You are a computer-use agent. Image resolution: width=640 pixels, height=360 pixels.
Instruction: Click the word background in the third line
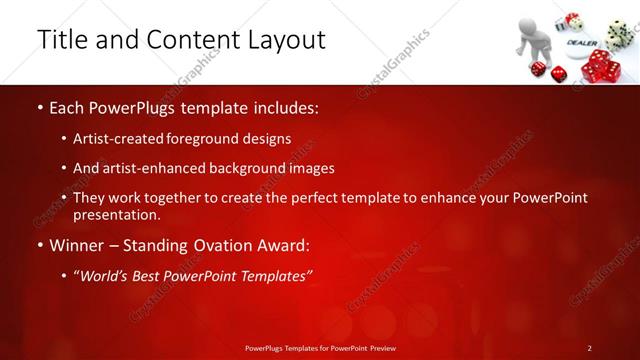pyautogui.click(x=240, y=168)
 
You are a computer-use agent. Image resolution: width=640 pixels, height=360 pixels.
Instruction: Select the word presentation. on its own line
pyautogui.click(x=118, y=215)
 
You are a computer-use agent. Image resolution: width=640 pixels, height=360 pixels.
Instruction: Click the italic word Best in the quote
pyautogui.click(x=150, y=275)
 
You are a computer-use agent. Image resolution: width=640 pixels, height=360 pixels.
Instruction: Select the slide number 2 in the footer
pyautogui.click(x=589, y=347)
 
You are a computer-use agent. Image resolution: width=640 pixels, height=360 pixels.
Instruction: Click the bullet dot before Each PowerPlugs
pyautogui.click(x=39, y=106)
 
